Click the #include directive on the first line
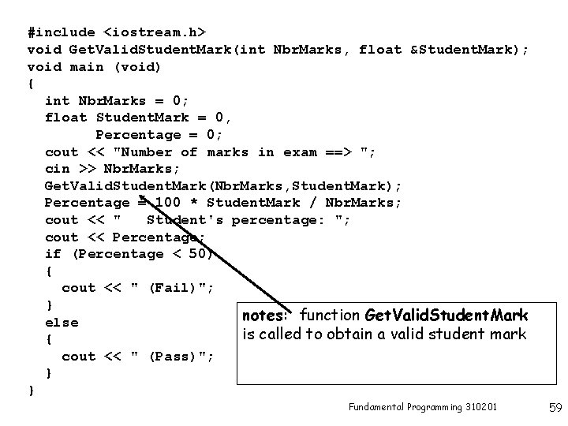coord(62,32)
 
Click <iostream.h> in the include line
coord(155,32)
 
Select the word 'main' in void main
coord(87,66)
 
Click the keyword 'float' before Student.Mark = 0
coord(66,118)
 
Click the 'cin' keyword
coord(58,169)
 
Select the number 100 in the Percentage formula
coord(168,203)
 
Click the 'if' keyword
coord(54,254)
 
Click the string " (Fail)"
coord(172,288)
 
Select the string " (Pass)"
coord(172,356)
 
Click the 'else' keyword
coord(62,322)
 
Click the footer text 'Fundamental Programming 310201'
coord(422,407)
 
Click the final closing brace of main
coord(32,390)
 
